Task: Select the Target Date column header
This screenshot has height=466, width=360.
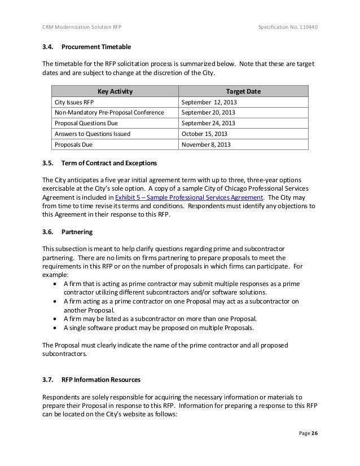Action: [x=243, y=92]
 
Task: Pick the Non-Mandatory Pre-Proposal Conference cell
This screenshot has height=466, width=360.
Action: [x=108, y=113]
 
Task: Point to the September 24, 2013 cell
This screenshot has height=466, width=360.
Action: [x=208, y=124]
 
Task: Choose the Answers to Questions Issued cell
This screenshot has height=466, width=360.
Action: [x=92, y=134]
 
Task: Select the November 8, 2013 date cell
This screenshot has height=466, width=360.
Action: [x=206, y=144]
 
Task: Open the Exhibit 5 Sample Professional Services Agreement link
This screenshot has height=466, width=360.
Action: [x=189, y=198]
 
